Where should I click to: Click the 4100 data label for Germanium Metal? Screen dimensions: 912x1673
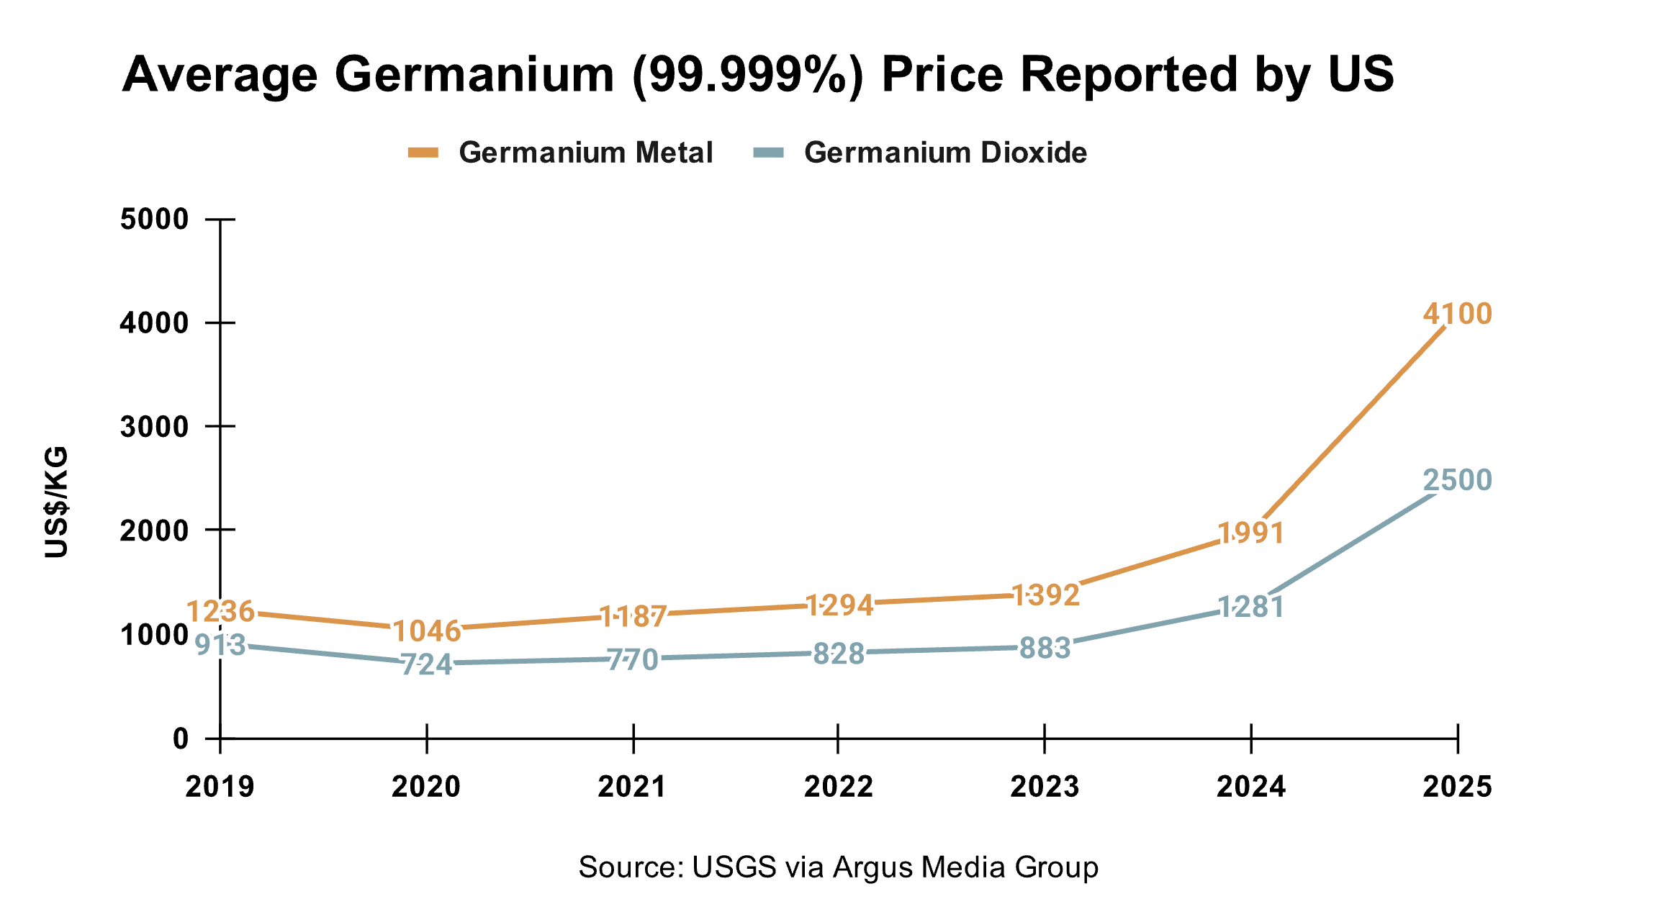[x=1457, y=315]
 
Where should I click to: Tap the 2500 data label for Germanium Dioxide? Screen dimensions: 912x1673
[x=1457, y=480]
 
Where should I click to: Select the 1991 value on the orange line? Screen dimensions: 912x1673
[x=1251, y=533]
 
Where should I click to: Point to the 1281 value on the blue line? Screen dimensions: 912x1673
[x=1251, y=608]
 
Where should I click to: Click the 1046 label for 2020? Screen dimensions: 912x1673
[x=427, y=631]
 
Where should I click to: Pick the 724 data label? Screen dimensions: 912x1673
[x=427, y=664]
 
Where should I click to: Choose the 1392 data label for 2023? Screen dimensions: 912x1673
[x=1045, y=595]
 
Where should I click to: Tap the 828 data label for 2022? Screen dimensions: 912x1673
[x=839, y=654]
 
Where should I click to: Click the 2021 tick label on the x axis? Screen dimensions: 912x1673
[x=632, y=787]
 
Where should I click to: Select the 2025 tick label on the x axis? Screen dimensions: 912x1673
[x=1457, y=787]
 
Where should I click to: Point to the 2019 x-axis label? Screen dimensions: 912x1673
[x=220, y=787]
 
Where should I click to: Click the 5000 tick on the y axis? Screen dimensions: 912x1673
[x=154, y=220]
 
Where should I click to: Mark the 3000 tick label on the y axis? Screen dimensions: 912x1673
[x=154, y=427]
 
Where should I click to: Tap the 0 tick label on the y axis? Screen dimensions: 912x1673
[x=181, y=739]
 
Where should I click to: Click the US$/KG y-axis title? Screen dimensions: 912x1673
[x=56, y=502]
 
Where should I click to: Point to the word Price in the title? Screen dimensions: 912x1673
[x=942, y=74]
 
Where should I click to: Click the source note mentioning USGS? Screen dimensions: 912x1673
[x=838, y=867]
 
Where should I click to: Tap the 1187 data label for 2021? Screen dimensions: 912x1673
[x=633, y=616]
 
